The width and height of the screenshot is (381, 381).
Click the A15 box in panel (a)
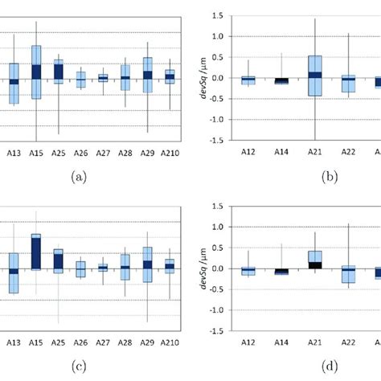(36, 72)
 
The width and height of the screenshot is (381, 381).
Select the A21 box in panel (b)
(314, 76)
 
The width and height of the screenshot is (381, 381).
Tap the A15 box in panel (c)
(36, 252)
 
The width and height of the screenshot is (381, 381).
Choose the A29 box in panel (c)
(148, 264)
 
